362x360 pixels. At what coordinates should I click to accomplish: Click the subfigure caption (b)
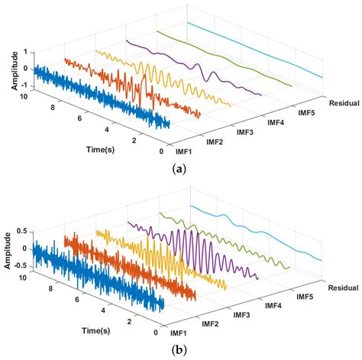180,350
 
